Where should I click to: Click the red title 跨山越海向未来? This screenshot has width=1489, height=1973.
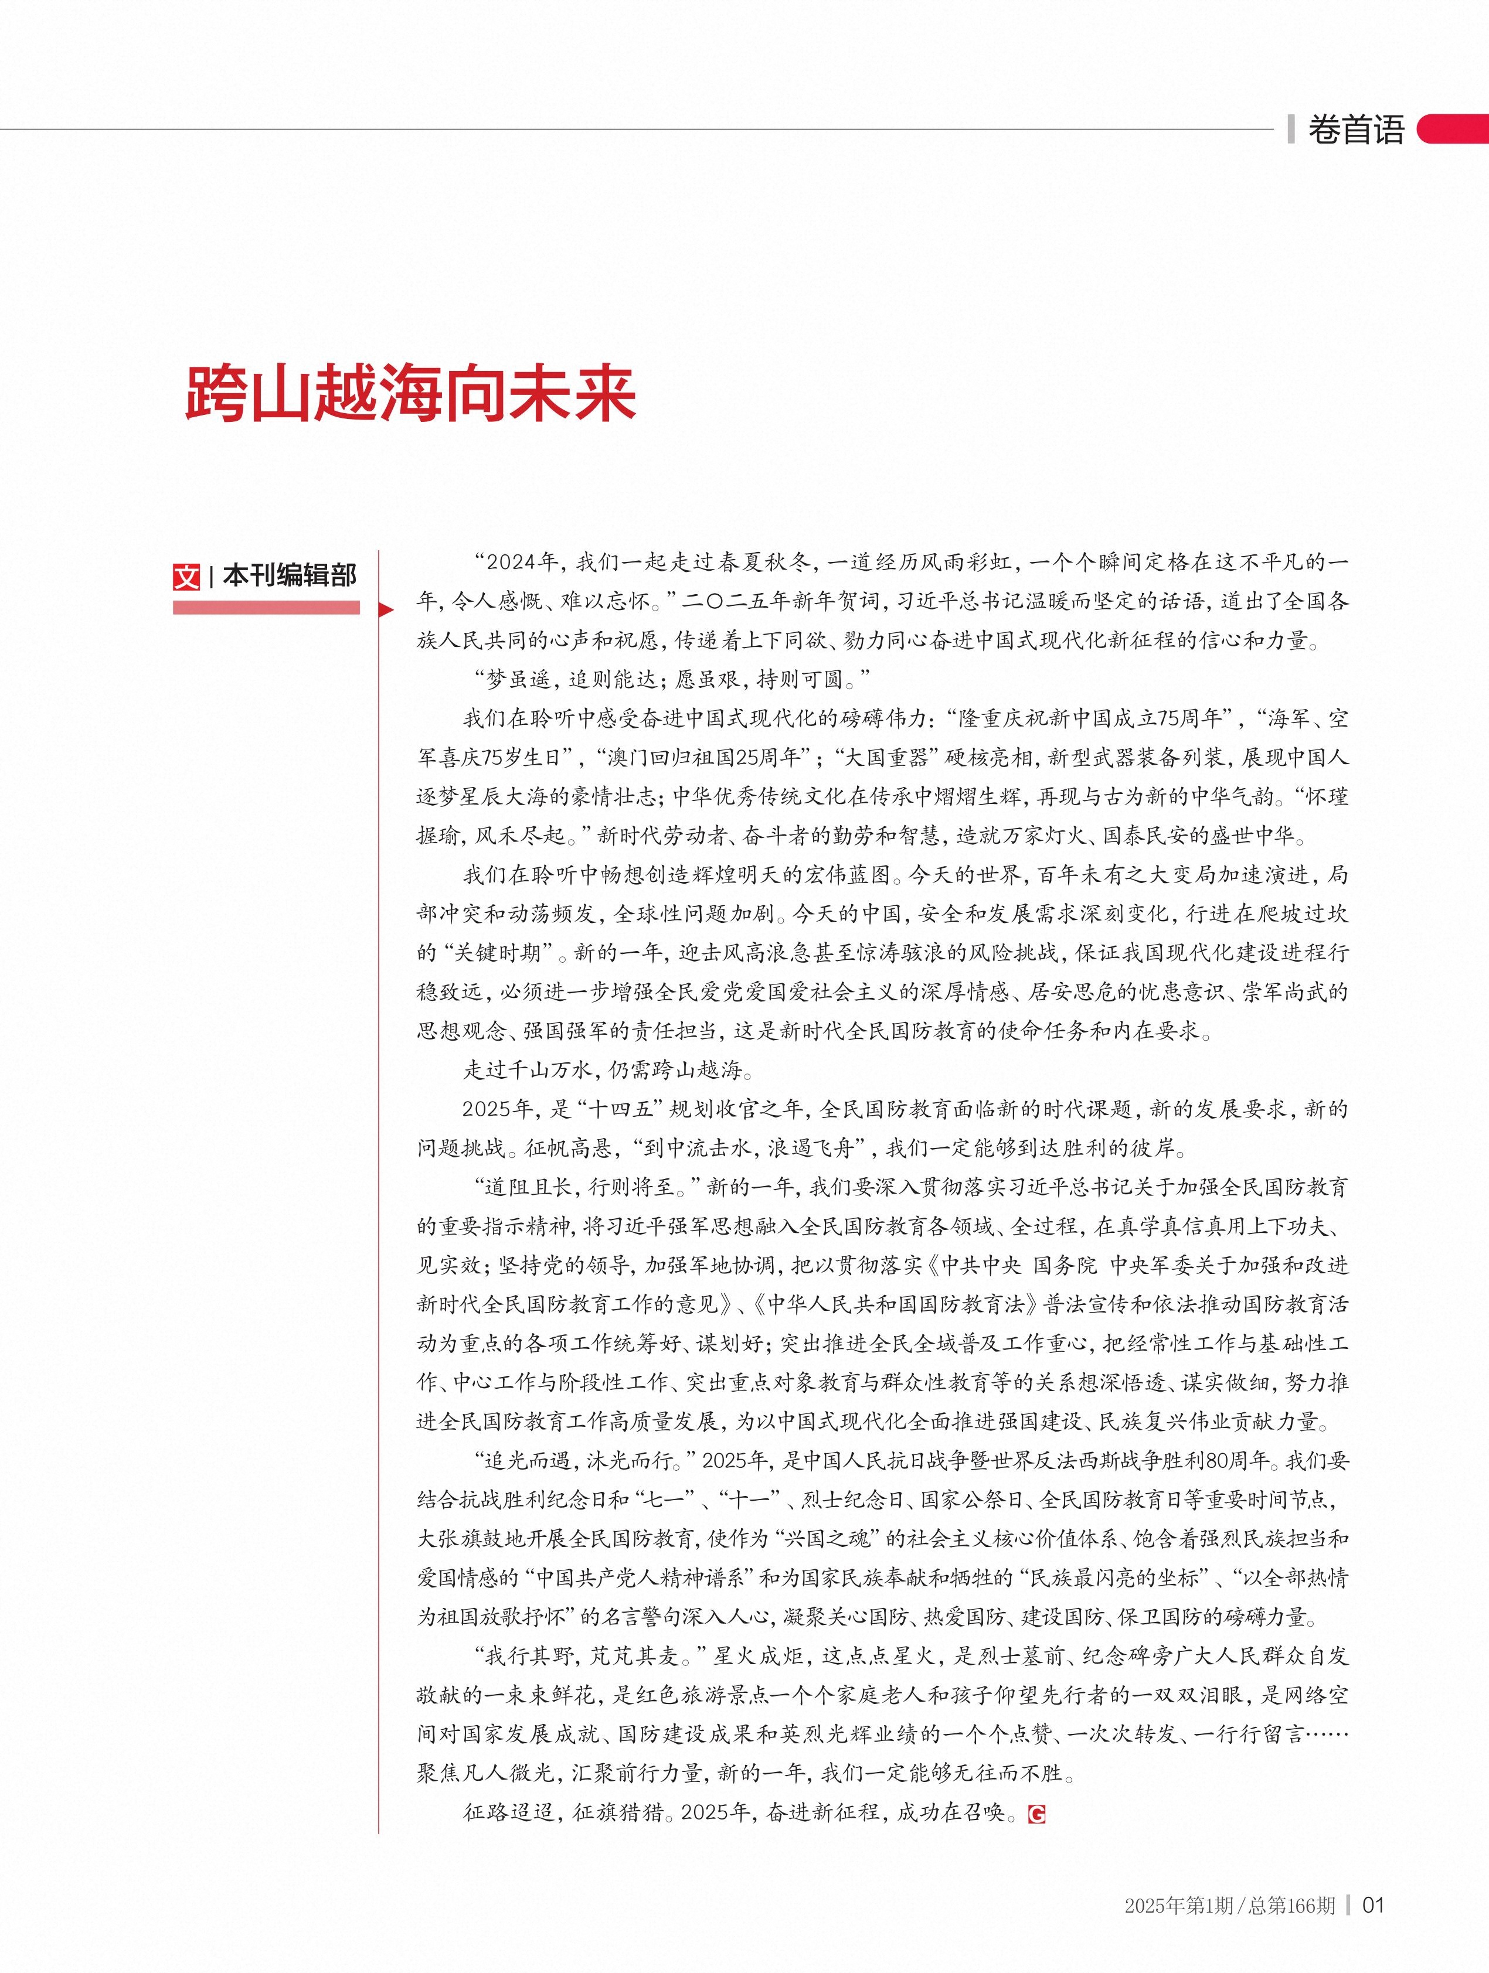410,393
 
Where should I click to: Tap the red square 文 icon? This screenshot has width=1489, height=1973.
186,576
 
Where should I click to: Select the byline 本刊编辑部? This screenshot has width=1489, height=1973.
289,576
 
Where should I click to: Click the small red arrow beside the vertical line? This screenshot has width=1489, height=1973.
386,610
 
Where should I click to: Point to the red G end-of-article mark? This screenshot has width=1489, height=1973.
1036,1788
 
